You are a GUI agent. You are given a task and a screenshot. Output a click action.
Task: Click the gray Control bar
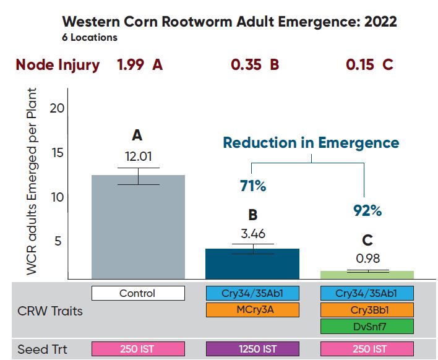click(x=138, y=226)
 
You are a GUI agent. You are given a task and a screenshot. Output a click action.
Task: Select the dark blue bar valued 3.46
click(x=252, y=264)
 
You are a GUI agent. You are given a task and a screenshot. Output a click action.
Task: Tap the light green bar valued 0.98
click(x=367, y=275)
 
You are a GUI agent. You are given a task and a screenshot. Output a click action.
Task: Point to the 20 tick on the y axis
click(x=57, y=108)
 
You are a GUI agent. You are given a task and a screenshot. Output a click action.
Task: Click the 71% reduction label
click(x=252, y=185)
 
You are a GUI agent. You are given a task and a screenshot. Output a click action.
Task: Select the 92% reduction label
click(x=367, y=210)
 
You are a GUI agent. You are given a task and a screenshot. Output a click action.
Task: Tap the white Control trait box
click(x=138, y=293)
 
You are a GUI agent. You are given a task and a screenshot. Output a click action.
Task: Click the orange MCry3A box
click(x=252, y=309)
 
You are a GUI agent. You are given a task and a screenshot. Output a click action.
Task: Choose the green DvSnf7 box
click(x=367, y=326)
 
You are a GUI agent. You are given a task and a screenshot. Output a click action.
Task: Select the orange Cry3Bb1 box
click(x=367, y=309)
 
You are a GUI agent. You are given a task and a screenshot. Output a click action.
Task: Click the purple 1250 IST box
click(x=252, y=349)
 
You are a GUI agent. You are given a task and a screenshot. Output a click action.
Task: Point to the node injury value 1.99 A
click(x=140, y=65)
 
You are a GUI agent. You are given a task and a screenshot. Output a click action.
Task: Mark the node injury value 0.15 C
click(x=370, y=65)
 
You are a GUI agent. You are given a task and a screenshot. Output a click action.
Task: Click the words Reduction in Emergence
click(x=311, y=143)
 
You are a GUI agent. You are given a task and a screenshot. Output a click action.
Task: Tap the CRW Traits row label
click(x=49, y=311)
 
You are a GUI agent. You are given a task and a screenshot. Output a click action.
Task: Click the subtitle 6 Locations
click(x=90, y=38)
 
